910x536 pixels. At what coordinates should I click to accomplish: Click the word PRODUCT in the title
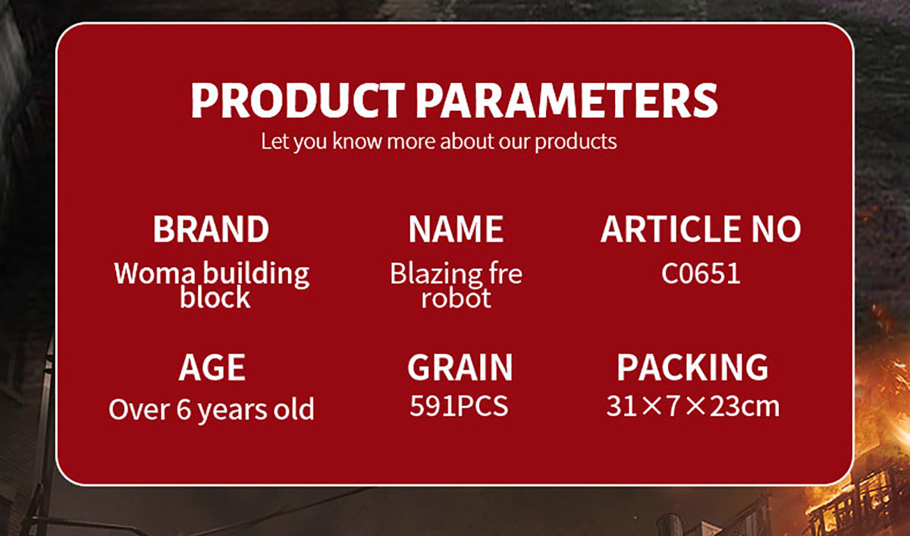(x=298, y=100)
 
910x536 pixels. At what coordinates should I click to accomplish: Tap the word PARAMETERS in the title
(x=566, y=100)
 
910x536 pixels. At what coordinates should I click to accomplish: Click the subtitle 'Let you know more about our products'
(x=439, y=141)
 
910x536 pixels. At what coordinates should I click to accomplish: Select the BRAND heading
(x=211, y=229)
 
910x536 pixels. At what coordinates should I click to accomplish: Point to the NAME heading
(x=456, y=229)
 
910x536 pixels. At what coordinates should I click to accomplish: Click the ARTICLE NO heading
(x=701, y=229)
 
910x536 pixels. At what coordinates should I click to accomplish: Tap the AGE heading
(x=212, y=367)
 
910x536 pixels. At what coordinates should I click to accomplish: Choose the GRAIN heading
(x=460, y=367)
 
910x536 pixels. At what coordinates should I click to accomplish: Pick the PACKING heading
(x=692, y=367)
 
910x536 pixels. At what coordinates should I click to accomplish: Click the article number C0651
(x=701, y=273)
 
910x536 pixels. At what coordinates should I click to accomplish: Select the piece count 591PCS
(x=459, y=406)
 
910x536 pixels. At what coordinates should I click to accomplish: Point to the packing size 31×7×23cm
(x=692, y=406)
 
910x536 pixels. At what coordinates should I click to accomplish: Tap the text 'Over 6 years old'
(x=212, y=409)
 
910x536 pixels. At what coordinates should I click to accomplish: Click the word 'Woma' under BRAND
(x=155, y=273)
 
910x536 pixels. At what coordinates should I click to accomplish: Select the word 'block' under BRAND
(x=215, y=298)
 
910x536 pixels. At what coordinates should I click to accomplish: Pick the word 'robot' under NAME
(x=456, y=298)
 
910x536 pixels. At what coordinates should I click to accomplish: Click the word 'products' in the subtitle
(x=576, y=142)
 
